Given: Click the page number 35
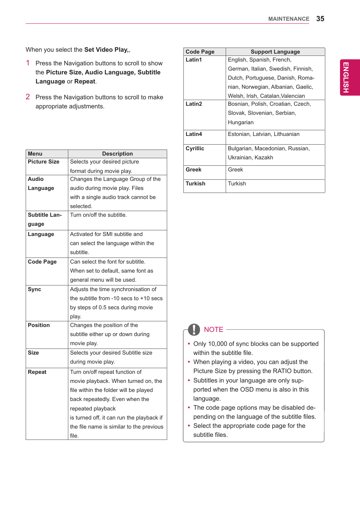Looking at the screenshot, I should coord(320,19).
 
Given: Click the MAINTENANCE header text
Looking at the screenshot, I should coord(288,19).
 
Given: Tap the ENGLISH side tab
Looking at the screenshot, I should coord(346,77).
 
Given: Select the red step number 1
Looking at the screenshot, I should coord(28,63).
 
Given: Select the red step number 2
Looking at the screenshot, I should coord(28,97).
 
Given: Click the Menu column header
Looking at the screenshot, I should coord(35,154).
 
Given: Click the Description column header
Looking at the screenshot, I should coord(117,154).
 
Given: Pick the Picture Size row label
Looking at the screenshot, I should coord(43,162).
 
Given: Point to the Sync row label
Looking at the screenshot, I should coord(34,289).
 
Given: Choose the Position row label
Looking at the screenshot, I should coord(39,325).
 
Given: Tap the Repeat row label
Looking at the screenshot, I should coord(37,372).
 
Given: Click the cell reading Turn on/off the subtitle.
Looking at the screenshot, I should coord(98,215).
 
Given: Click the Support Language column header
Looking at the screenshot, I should coord(275,52).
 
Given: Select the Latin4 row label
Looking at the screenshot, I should coord(194,134).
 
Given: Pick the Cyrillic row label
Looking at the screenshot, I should coord(195,148).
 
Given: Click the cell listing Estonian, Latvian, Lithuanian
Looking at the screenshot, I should coord(263,134).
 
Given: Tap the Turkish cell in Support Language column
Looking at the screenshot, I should coord(237,184).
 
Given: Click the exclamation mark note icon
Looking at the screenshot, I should coord(194,330).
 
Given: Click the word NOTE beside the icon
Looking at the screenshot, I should coord(214,330).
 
